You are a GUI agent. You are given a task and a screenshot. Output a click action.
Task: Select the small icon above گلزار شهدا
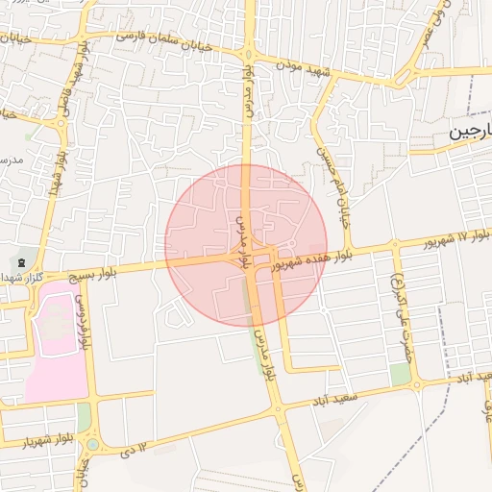coord(21,261)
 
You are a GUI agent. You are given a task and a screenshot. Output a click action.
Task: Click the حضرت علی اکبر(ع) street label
coord(400,304)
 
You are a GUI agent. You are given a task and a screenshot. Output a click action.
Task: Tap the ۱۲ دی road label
coord(135,448)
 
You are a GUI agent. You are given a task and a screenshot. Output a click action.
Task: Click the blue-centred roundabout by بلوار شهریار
coord(92,444)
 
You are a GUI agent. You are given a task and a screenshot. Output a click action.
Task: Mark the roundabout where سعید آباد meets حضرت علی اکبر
coord(416,385)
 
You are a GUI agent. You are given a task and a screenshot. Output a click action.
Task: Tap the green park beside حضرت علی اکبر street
coord(401,373)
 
